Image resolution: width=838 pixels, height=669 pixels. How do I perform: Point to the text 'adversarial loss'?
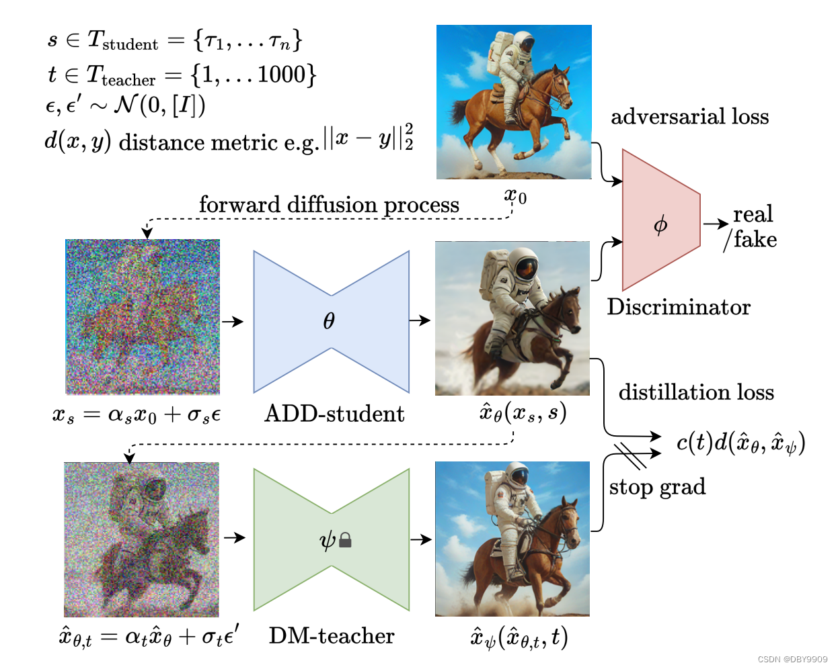(689, 117)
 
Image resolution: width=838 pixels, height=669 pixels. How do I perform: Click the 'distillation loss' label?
(696, 392)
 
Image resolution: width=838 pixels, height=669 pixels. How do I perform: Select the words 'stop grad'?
(657, 486)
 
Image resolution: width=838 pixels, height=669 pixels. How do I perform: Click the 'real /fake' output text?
(752, 227)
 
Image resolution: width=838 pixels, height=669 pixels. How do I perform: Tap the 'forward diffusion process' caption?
(329, 204)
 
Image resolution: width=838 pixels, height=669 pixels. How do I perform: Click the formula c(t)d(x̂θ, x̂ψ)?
(740, 443)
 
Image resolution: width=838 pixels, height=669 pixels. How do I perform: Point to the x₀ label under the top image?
(515, 196)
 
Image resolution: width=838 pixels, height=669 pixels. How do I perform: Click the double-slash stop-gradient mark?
(630, 455)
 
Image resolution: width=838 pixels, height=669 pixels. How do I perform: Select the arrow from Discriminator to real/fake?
(716, 224)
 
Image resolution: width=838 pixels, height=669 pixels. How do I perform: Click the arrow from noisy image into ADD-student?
(233, 322)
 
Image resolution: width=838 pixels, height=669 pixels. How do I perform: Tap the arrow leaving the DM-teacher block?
(420, 539)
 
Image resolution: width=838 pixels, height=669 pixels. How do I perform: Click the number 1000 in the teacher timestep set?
(281, 75)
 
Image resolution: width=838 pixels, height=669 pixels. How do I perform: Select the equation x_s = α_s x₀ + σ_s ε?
(137, 414)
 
